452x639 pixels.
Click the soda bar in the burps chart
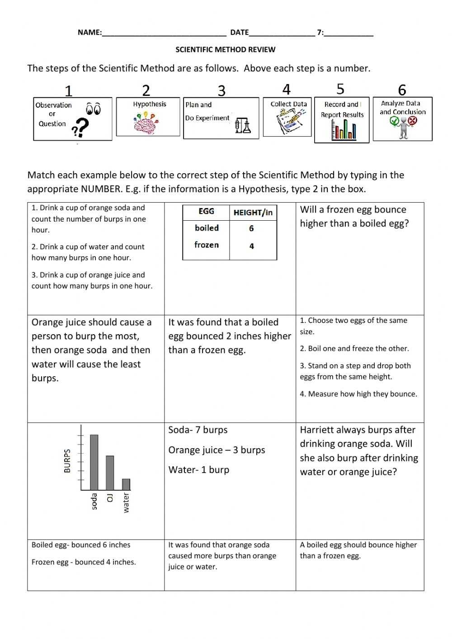pos(94,462)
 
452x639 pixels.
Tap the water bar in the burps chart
pos(126,484)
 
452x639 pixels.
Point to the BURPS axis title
pos(67,461)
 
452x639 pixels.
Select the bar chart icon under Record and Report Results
pos(344,130)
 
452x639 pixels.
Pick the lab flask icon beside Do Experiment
pos(243,126)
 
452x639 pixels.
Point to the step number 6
pos(402,90)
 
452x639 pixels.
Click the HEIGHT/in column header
pos(253,213)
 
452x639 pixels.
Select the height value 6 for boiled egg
pos(251,228)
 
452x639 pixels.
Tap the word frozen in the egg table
pos(207,245)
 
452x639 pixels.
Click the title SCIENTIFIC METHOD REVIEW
pos(225,50)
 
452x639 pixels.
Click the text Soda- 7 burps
pos(198,430)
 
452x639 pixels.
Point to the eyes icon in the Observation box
pos(93,109)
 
